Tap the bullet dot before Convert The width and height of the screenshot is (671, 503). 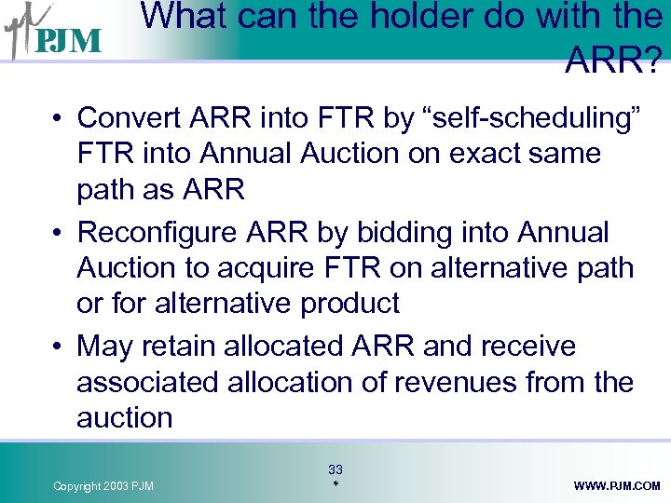click(58, 119)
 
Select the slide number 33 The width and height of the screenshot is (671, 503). click(335, 469)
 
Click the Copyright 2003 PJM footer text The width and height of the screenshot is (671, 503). click(103, 486)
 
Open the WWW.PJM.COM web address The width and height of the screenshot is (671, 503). click(617, 486)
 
